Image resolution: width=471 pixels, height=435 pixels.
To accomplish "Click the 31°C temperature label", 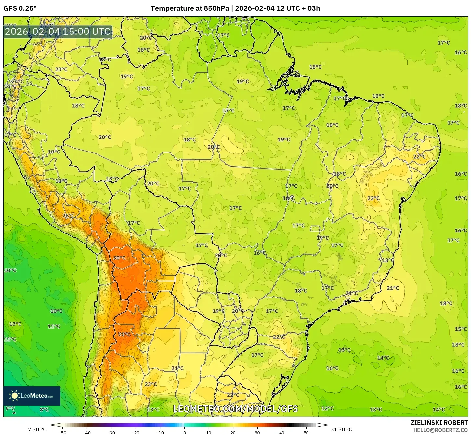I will point(124,334).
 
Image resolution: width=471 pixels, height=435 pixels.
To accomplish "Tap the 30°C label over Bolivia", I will point(119,258).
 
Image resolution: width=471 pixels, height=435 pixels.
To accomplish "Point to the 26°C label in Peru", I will point(69,216).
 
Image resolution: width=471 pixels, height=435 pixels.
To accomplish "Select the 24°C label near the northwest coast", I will point(18,81).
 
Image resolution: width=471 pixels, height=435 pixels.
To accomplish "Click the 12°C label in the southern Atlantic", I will point(327,408).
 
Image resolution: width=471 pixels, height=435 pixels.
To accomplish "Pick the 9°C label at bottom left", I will point(10,408).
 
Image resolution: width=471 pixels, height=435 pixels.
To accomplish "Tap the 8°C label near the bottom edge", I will point(44,410).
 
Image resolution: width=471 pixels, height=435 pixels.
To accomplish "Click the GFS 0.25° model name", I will point(20,8).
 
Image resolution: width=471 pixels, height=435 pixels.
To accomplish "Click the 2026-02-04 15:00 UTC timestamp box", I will point(58,32).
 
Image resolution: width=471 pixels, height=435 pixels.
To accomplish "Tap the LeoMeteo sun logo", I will point(14,396).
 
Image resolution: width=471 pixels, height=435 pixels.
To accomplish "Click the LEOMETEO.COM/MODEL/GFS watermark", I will point(235,409).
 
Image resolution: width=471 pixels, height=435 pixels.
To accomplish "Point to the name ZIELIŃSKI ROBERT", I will point(439,423).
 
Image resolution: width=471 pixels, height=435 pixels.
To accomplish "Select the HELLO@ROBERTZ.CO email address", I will point(440,430).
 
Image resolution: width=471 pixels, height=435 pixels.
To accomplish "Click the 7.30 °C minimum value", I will point(37,429).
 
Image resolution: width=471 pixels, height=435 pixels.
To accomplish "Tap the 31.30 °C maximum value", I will point(341,429).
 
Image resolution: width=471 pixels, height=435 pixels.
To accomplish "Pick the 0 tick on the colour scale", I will point(184,433).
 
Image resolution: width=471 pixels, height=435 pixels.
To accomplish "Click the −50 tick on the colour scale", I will point(62,433).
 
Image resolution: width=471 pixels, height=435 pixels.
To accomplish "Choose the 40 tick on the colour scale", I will point(282,433).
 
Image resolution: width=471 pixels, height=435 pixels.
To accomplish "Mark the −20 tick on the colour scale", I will point(136,433).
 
